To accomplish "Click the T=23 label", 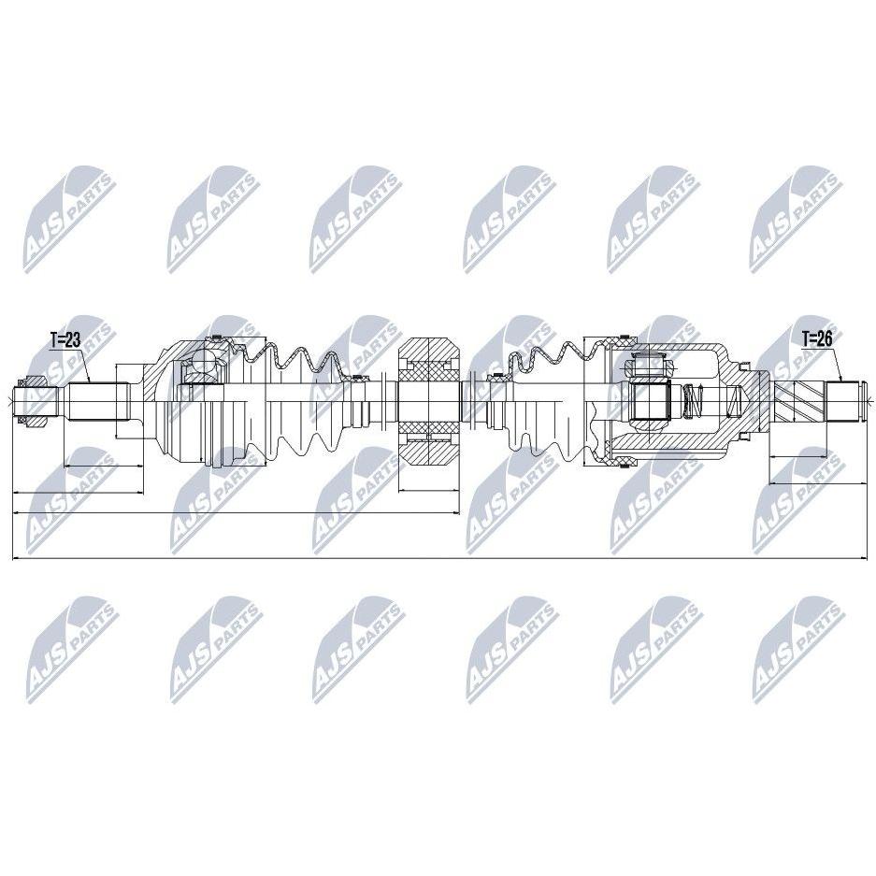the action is point(66,339).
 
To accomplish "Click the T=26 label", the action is point(817,338).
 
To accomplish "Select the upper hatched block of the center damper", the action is point(428,358).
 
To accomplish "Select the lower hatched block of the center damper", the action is point(428,444).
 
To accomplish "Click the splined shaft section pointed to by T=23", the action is point(95,401).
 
